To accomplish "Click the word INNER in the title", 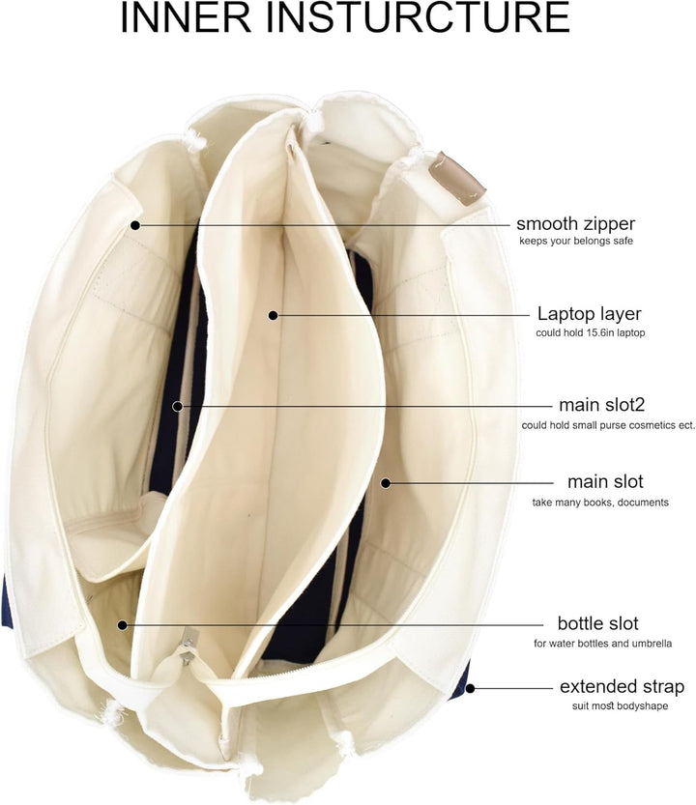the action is coord(186,17).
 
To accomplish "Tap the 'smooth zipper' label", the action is coord(575,224).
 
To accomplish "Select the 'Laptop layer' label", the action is coord(589,314).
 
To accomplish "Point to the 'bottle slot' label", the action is coord(598,623).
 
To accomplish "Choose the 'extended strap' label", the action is coord(622,686).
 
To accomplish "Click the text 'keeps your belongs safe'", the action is coord(576,241).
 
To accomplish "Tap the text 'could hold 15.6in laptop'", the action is coord(591,332).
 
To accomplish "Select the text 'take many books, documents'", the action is coord(600,503).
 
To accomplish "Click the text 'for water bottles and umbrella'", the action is coord(602,644).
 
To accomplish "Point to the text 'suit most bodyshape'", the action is coord(620,705).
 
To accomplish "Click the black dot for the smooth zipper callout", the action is coord(135,225).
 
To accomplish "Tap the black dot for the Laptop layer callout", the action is coord(274,315).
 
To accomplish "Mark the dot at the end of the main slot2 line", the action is coord(177,406).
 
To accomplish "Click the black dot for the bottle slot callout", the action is coord(122,625).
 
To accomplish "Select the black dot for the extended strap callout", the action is coord(470,688).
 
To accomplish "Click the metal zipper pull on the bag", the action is coord(187,650).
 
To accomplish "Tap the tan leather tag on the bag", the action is coord(458,178).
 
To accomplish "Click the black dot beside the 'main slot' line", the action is coord(386,482).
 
